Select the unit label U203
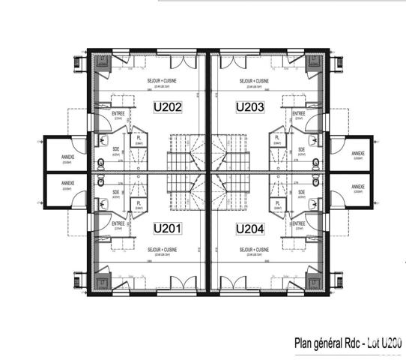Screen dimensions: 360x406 click(249, 107)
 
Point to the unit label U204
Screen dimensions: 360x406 click(249, 228)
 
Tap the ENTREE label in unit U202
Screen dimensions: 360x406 click(118, 114)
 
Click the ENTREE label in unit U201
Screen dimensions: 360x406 click(118, 223)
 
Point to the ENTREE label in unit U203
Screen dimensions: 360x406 click(298, 114)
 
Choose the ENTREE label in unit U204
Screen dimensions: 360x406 click(298, 223)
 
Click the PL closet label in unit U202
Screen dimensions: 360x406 click(139, 138)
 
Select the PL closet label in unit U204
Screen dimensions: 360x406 click(277, 201)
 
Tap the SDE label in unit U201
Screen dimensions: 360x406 click(116, 191)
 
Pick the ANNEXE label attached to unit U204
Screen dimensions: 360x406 click(357, 187)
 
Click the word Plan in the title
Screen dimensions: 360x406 click(303, 343)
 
